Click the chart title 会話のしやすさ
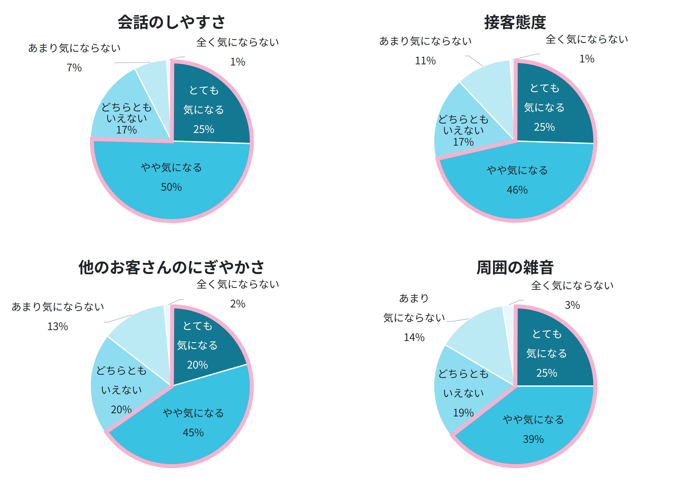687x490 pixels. [x=171, y=22]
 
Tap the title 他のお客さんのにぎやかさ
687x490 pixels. [x=171, y=267]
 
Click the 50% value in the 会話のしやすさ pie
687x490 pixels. [x=171, y=187]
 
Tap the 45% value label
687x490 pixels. [x=193, y=433]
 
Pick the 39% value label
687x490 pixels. [x=533, y=439]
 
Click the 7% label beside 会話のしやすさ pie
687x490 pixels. [x=74, y=68]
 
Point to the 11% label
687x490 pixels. [x=425, y=61]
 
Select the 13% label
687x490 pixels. [x=57, y=326]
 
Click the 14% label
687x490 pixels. [x=414, y=337]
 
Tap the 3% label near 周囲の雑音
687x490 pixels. [x=572, y=305]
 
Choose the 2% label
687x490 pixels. [x=237, y=303]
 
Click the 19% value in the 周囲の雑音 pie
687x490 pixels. [x=463, y=412]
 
